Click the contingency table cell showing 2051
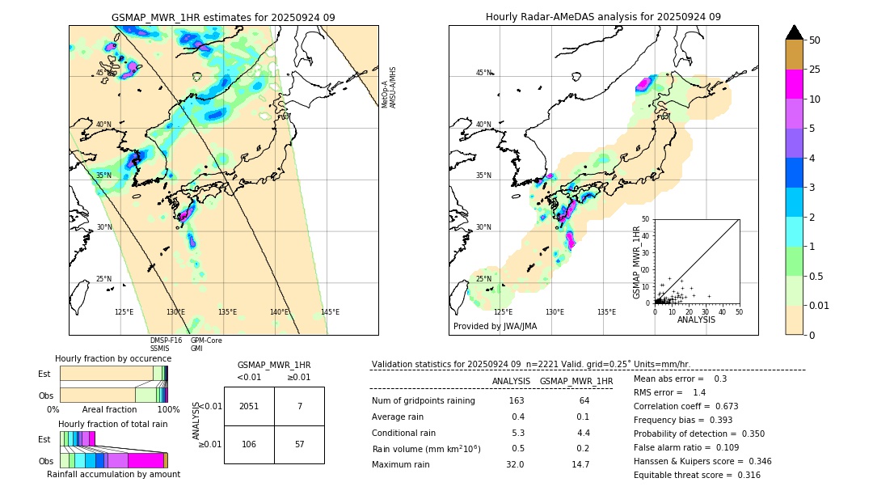point(249,406)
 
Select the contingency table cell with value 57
point(299,445)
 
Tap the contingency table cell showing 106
point(249,445)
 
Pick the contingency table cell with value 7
point(299,406)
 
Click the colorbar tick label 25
point(815,70)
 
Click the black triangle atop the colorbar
point(795,32)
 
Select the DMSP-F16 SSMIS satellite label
point(166,345)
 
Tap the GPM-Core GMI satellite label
point(206,345)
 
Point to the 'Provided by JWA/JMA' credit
point(495,327)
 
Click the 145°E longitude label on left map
point(330,312)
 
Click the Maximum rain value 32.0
point(515,464)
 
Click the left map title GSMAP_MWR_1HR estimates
point(223,17)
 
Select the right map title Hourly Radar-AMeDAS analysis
point(603,17)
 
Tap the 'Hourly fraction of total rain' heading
point(112,424)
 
